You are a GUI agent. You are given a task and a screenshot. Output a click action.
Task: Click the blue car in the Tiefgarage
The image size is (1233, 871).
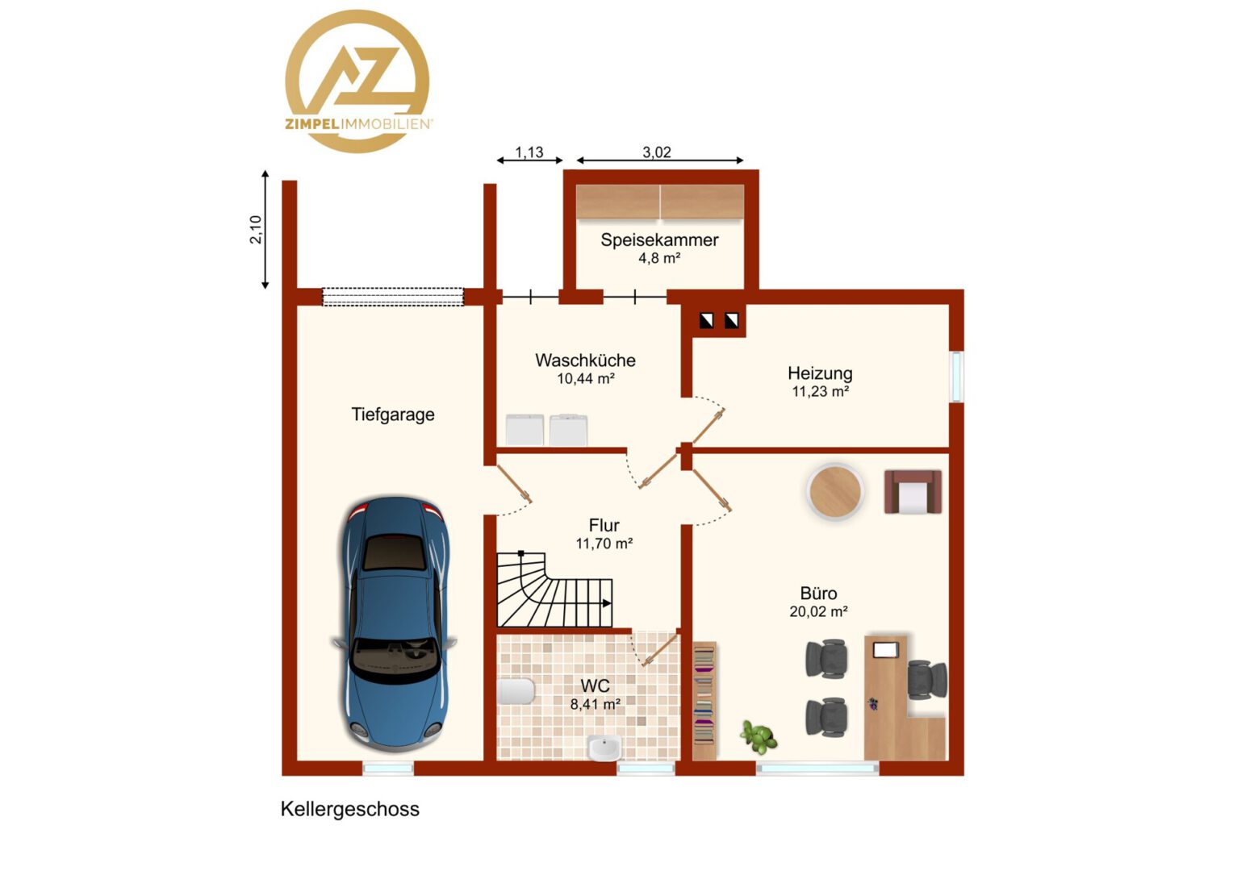click(394, 624)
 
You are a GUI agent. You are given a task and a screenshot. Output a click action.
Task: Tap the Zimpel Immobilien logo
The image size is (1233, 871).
click(357, 81)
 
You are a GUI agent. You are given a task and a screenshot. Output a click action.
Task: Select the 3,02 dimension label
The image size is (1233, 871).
click(657, 152)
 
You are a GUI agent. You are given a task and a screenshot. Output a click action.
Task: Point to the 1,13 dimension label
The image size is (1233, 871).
click(529, 152)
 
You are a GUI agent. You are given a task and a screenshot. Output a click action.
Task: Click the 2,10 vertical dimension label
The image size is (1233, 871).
click(256, 229)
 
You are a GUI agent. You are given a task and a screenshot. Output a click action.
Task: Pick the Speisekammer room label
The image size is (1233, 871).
click(659, 240)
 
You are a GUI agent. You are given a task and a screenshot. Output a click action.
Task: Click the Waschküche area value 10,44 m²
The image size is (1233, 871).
click(586, 378)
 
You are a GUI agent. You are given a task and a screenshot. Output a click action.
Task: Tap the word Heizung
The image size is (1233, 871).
click(820, 373)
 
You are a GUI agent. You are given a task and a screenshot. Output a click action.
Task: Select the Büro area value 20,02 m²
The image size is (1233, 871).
click(818, 611)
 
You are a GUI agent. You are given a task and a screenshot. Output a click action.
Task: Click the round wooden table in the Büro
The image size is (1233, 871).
click(835, 491)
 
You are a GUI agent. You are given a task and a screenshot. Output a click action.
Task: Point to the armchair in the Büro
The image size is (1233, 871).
click(913, 491)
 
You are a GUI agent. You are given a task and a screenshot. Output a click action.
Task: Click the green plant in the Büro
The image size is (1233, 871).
click(759, 736)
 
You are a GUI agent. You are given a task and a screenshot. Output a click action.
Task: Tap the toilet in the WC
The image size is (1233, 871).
click(515, 692)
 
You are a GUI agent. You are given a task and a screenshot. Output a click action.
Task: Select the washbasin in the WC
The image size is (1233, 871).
click(604, 747)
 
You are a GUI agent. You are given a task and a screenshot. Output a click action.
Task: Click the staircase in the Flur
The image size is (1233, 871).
click(554, 590)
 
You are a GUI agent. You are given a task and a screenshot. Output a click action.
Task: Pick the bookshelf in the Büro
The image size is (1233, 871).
click(704, 701)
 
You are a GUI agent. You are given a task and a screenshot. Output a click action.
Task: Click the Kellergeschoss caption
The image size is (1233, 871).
click(350, 810)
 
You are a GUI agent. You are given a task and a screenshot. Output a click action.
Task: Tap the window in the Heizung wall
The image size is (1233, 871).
click(957, 377)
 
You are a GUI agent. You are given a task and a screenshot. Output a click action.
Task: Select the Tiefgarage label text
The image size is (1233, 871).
click(393, 415)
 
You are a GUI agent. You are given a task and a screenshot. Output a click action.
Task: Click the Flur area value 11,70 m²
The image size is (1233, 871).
click(604, 544)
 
